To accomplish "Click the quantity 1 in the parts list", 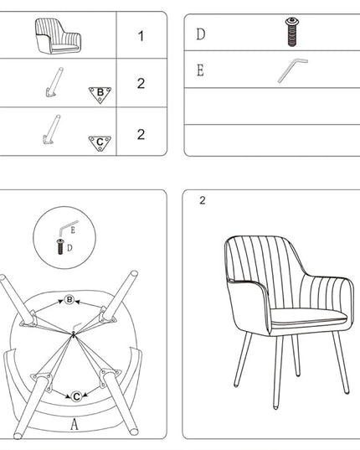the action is (141, 36).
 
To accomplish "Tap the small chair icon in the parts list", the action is (58, 36).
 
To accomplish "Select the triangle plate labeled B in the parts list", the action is (100, 95).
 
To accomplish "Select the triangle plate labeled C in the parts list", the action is (100, 143).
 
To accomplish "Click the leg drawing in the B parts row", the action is (54, 82).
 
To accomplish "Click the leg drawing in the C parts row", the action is (52, 130).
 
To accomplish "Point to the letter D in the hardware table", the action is (201, 34).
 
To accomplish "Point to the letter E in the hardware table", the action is (200, 70).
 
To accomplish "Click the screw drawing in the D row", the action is (292, 32).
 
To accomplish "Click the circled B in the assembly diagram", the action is (69, 300).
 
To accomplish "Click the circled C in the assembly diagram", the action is (76, 396).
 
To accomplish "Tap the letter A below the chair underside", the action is (75, 425).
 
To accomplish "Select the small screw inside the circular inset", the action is (60, 246).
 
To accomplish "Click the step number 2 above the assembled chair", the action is (203, 200).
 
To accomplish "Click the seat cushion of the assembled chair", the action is (308, 317).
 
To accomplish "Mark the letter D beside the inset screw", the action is (69, 248).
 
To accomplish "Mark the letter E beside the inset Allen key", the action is (73, 230).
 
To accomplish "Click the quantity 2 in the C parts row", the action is (141, 134).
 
